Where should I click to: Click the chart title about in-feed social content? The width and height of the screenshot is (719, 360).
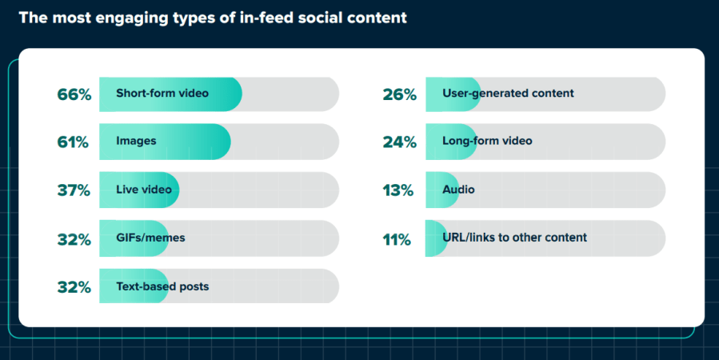[x=212, y=18]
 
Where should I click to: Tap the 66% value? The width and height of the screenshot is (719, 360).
[x=74, y=94]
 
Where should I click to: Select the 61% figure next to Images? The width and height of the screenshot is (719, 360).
[x=74, y=142]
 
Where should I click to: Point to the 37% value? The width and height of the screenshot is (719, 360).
[x=74, y=190]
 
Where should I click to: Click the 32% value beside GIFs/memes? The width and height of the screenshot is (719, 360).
[x=74, y=239]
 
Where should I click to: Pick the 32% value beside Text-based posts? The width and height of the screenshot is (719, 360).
[x=74, y=287]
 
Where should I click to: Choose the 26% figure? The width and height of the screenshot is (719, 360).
[x=400, y=94]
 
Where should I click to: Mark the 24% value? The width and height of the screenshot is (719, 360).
[x=400, y=142]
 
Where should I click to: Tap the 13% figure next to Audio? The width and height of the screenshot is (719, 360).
[x=398, y=190]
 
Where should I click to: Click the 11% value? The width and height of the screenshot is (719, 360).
[x=397, y=239]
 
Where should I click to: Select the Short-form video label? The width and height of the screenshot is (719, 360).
[x=162, y=94]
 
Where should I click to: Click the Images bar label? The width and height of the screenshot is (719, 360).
[x=136, y=142]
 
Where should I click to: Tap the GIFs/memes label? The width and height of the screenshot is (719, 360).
[x=150, y=238]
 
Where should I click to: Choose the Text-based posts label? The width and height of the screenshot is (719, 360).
[x=162, y=286]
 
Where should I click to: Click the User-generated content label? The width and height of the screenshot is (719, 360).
[x=508, y=94]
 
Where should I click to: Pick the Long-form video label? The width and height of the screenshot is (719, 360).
[x=487, y=142]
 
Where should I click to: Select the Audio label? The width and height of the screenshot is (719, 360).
[x=458, y=190]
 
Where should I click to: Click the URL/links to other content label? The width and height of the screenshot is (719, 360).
[x=514, y=238]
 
